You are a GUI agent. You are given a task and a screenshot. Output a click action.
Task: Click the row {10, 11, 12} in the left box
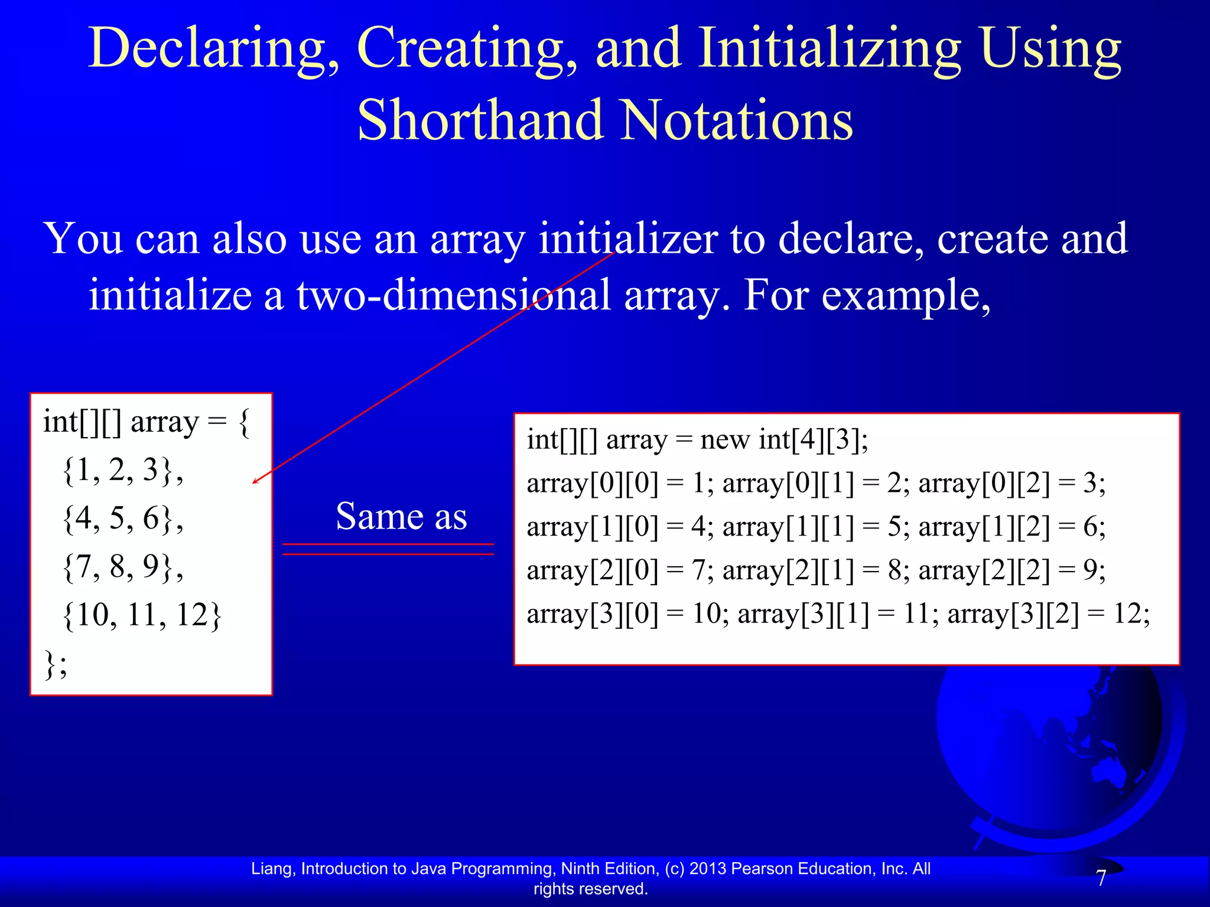coord(142,615)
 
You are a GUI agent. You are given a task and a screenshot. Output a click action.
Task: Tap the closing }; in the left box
coord(56,664)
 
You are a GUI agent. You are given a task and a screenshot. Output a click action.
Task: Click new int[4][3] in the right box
coord(783,440)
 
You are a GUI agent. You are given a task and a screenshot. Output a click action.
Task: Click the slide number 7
coord(1101,879)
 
